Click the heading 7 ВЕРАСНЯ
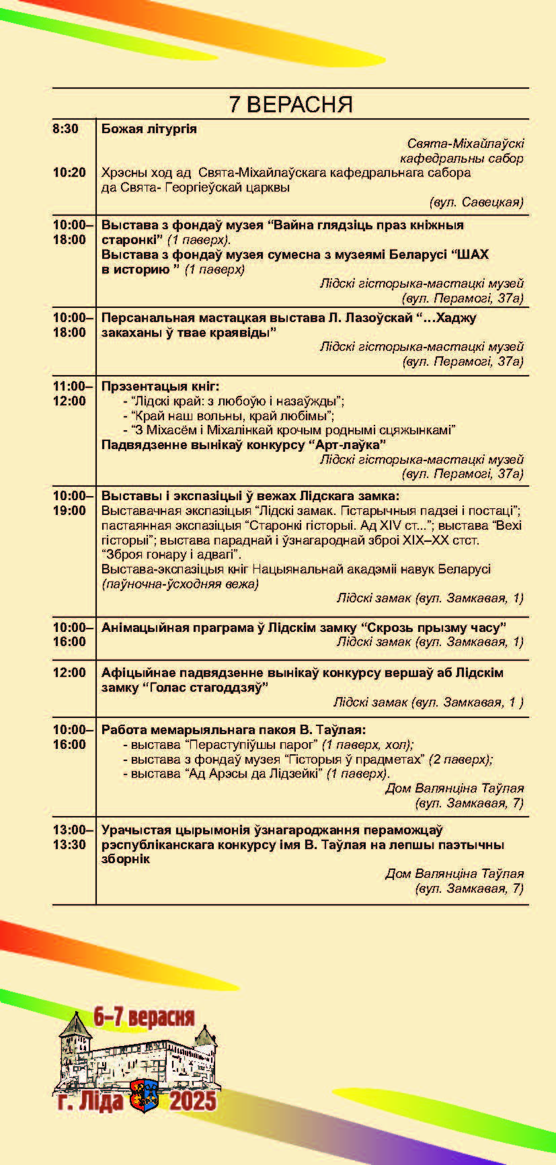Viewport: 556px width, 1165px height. (290, 104)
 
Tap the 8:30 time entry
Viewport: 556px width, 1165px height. (65, 129)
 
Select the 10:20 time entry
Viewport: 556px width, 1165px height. (69, 173)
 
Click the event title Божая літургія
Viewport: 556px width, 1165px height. (149, 129)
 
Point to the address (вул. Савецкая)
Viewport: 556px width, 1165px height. (476, 202)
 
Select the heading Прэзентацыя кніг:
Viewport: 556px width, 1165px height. (160, 387)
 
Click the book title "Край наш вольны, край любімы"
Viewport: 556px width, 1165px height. (233, 415)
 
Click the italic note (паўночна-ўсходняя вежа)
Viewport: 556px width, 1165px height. (180, 584)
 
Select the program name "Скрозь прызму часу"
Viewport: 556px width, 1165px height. (434, 628)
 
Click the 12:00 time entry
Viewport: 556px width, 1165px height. (69, 672)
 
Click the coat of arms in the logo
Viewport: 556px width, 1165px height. (146, 1096)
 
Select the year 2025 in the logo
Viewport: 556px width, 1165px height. (192, 1100)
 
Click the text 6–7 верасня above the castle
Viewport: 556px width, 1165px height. (144, 1017)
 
